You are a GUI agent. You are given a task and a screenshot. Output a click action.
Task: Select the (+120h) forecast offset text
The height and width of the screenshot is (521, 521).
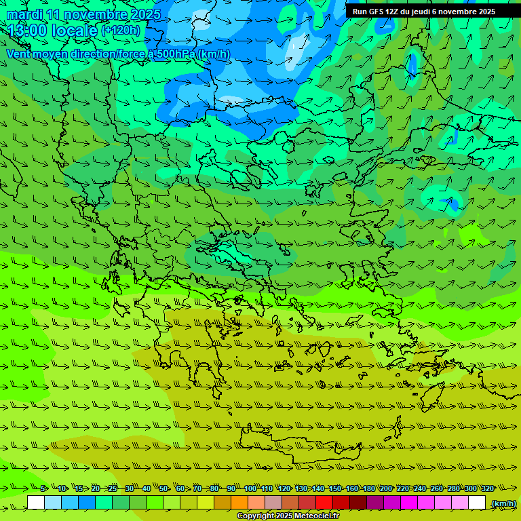121,31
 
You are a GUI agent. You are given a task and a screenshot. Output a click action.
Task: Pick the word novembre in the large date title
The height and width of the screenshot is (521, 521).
97,14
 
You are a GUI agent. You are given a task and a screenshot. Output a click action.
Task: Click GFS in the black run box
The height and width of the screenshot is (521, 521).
376,12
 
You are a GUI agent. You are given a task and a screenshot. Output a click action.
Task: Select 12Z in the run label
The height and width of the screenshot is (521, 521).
393,12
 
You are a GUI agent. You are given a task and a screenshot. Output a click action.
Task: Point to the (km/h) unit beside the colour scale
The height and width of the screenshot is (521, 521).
503,503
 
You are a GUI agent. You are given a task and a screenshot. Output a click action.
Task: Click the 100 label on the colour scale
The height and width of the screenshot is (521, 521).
250,488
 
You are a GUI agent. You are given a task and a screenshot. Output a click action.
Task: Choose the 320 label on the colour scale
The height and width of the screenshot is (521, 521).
487,488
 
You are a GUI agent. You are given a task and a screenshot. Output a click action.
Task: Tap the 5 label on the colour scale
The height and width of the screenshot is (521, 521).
43,488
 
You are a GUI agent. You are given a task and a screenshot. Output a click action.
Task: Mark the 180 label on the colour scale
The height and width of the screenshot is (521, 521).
368,488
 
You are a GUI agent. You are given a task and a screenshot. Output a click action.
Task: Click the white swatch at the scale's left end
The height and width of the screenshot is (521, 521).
36,503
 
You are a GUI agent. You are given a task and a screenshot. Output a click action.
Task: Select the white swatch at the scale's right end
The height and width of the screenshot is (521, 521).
477,503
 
